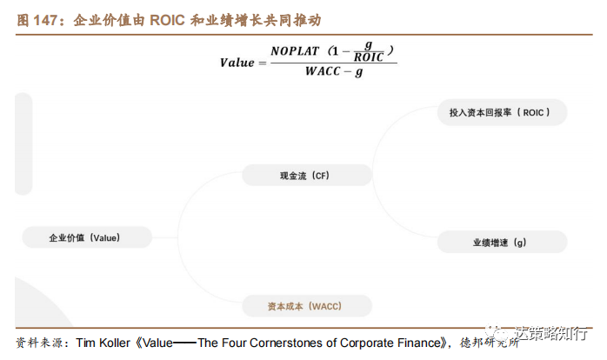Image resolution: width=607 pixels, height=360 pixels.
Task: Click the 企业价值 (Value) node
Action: (84, 237)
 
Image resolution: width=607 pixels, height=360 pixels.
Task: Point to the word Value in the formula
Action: (237, 63)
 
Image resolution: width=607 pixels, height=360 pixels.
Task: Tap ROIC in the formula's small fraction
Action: (369, 58)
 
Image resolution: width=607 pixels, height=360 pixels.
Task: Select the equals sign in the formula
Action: (262, 63)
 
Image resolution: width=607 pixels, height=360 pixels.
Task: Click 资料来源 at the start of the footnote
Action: (39, 342)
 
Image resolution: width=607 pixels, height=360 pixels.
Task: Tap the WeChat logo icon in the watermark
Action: (499, 336)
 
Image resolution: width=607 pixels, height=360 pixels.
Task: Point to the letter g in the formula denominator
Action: (359, 74)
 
